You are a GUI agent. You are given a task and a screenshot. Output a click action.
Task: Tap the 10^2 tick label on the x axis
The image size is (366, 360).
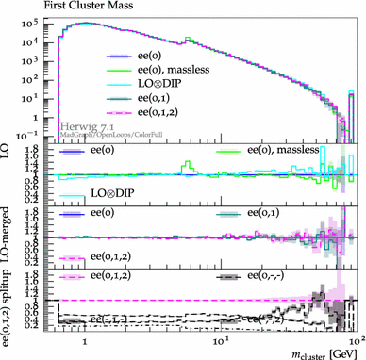[x=354, y=337]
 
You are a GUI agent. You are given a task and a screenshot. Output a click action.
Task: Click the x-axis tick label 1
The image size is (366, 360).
[x=86, y=337]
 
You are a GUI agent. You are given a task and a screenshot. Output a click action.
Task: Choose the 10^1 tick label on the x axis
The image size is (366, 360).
[x=220, y=337]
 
